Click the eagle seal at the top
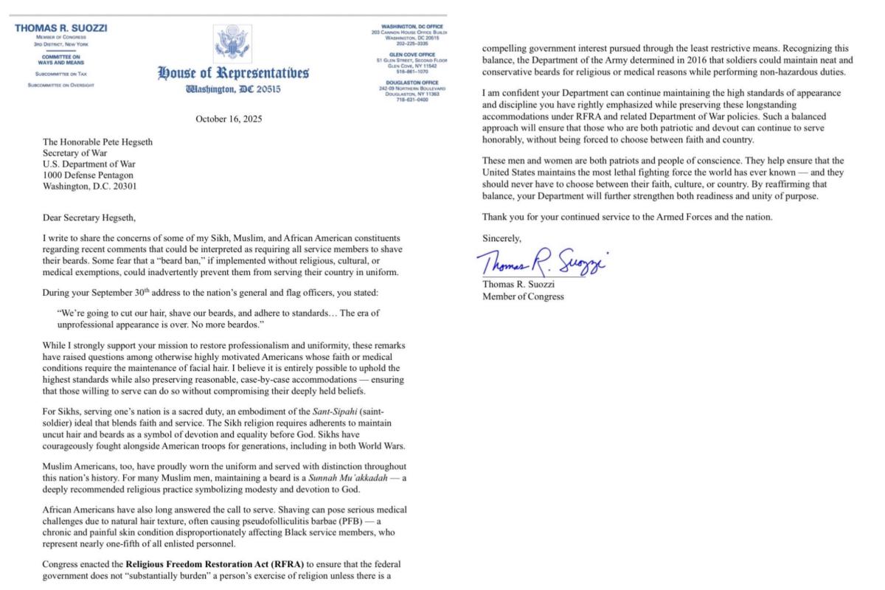pos(232,44)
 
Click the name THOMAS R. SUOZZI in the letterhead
pos(61,28)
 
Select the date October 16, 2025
pos(229,119)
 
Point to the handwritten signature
pos(545,260)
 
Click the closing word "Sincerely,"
pos(502,238)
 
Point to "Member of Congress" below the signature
pos(523,297)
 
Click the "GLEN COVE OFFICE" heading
pos(412,54)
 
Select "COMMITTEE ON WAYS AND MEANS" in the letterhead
pos(61,60)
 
